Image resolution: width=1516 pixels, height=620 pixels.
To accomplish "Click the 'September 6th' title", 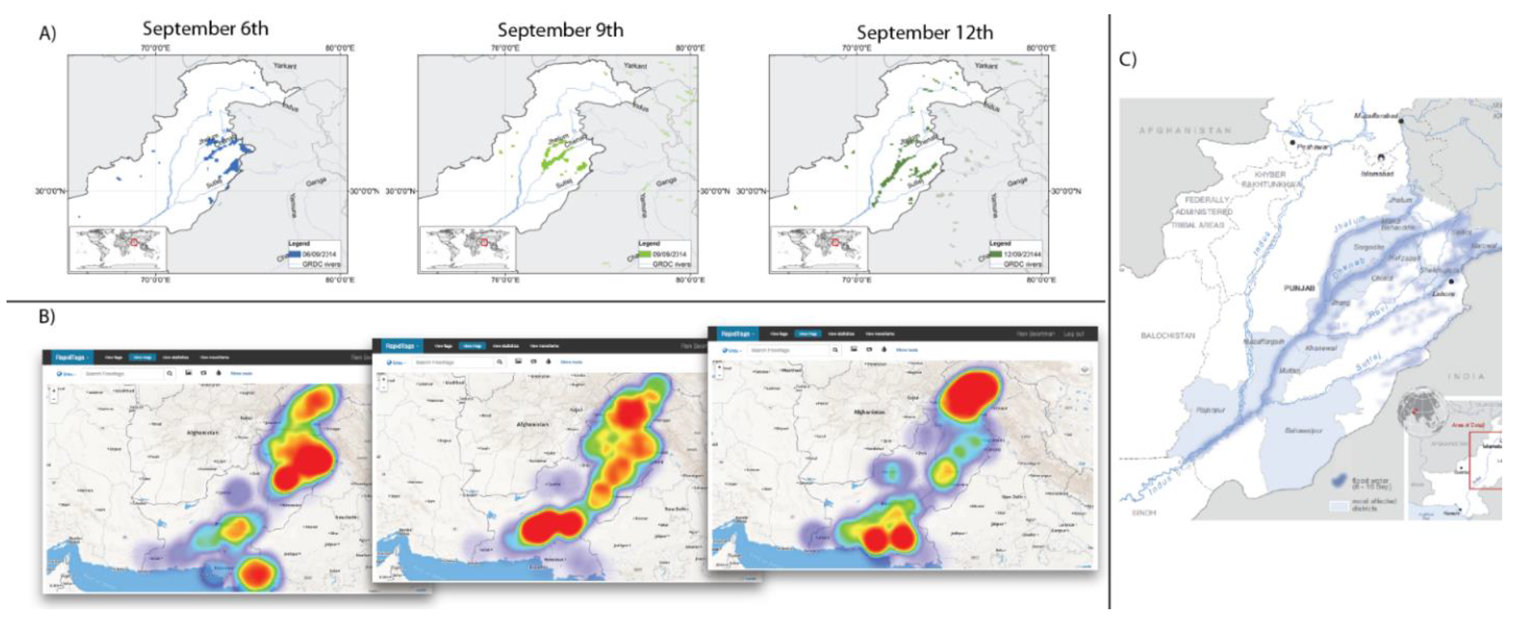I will coord(205,28).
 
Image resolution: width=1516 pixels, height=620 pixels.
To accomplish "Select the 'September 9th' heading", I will coord(560,30).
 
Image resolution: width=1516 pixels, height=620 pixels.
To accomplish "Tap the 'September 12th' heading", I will coord(925,32).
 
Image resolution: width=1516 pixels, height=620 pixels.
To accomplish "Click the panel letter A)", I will coord(47,33).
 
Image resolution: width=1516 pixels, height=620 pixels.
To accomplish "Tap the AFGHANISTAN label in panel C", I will coord(1185,130).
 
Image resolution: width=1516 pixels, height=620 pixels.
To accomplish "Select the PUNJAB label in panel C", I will coord(1299,288).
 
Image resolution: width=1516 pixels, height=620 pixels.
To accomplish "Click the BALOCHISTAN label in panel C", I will coord(1168,336).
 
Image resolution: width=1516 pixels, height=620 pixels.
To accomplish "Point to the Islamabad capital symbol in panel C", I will coord(1381,158).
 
